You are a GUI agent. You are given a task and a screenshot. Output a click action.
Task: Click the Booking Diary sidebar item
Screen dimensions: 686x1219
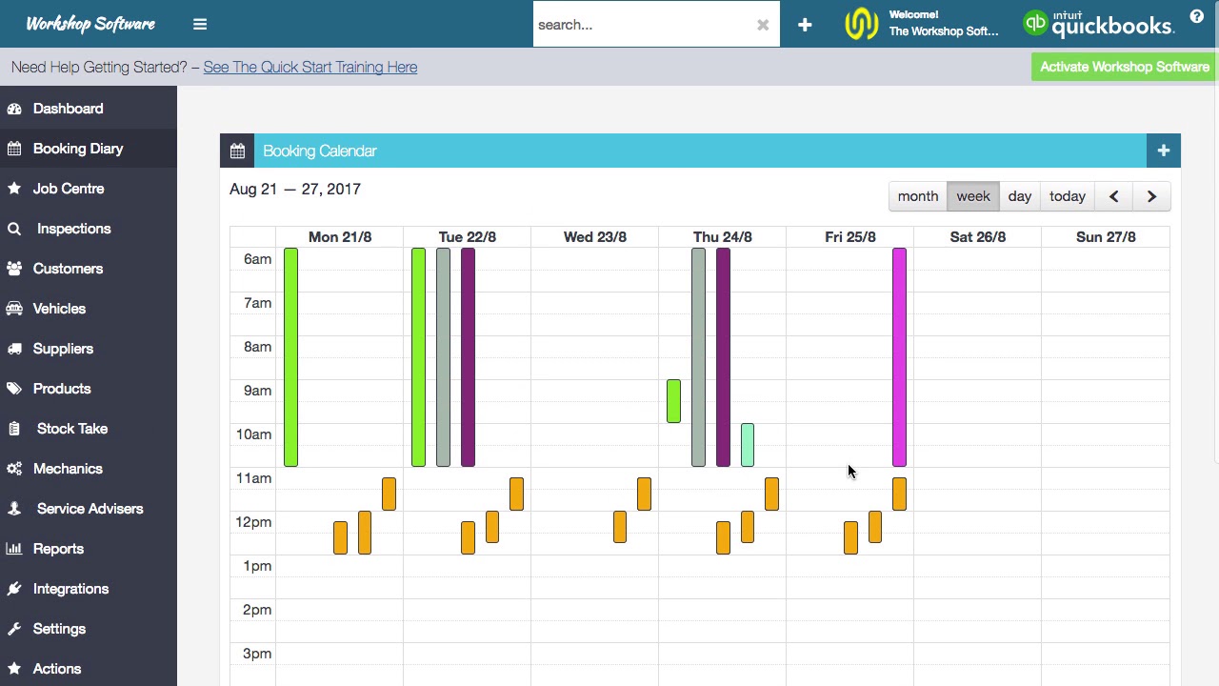(78, 149)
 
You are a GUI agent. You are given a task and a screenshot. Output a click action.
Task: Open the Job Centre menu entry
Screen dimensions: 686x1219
(69, 189)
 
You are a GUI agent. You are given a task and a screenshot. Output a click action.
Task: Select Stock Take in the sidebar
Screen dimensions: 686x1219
(71, 429)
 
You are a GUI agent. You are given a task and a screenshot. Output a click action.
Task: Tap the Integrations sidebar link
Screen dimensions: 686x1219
(70, 589)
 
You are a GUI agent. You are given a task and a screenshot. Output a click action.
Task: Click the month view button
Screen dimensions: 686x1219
(918, 196)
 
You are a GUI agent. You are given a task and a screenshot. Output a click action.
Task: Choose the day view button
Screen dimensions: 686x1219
(1019, 196)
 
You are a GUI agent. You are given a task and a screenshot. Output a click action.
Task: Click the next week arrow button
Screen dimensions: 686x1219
(1151, 196)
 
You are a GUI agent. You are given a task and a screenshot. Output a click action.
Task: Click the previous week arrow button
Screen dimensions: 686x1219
(1113, 196)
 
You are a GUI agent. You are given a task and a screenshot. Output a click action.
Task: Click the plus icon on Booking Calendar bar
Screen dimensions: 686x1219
(1163, 151)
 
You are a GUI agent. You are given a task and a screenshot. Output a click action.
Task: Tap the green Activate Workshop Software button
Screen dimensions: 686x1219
(1125, 67)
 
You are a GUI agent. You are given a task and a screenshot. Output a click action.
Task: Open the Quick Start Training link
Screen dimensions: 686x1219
(310, 68)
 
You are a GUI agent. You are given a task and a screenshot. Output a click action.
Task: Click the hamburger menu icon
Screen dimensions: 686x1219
(200, 25)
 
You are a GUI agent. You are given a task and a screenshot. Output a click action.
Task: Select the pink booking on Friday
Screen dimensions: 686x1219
(899, 357)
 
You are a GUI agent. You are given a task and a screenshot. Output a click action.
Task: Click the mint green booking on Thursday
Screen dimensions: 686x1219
(748, 445)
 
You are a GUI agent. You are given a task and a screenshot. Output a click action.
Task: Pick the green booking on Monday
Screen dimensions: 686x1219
(290, 357)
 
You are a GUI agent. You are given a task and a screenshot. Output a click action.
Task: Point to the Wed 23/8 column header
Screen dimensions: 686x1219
(594, 237)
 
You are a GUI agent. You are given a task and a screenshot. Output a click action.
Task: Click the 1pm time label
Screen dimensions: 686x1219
(257, 566)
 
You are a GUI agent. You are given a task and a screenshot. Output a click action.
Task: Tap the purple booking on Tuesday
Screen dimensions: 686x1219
(468, 357)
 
